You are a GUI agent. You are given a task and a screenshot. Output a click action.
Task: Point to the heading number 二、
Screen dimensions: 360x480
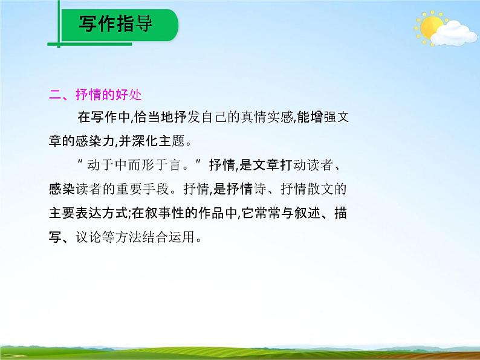tap(61, 95)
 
